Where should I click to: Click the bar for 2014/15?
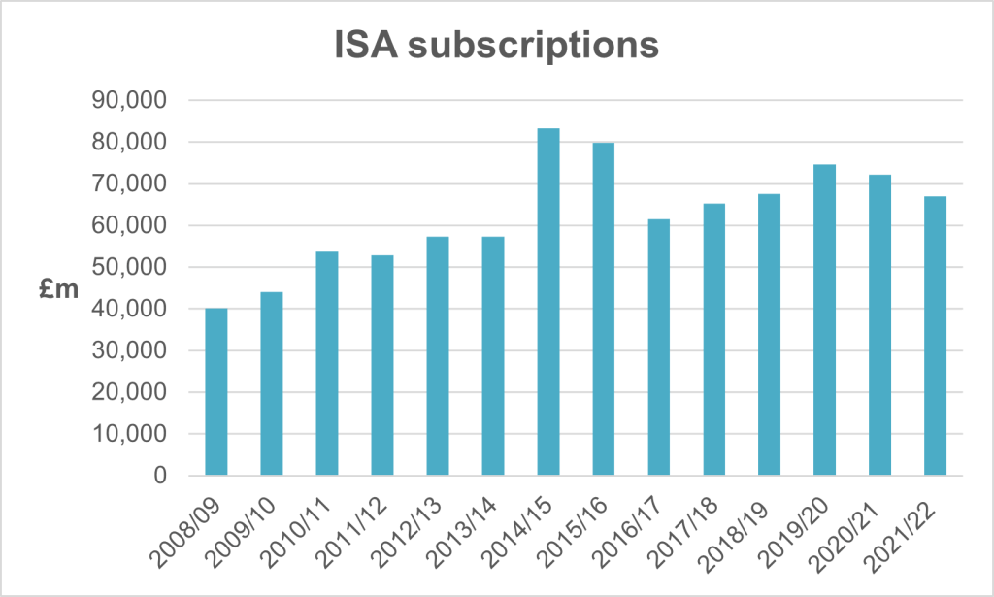coord(548,302)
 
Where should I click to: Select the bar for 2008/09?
coord(215,392)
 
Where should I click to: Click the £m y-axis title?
coord(58,287)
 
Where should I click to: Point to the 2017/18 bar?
coord(714,340)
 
